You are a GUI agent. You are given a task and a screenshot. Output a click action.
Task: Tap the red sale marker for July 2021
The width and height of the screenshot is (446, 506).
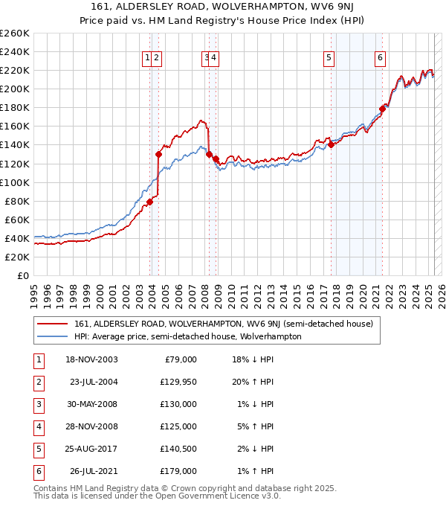382,108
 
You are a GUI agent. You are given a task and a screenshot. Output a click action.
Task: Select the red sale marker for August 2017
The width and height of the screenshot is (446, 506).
332,144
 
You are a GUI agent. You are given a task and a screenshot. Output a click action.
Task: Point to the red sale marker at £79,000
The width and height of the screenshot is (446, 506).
149,202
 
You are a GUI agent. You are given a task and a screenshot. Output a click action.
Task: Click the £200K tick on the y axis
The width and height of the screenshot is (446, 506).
15,89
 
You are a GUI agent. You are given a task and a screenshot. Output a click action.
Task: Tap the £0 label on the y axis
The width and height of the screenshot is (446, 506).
23,275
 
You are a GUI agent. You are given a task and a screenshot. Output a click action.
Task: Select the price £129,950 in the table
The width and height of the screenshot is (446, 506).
178,382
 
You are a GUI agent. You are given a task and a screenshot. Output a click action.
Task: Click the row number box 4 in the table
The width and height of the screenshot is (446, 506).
37,426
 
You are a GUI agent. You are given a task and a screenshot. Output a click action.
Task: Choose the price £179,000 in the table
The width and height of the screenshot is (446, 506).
178,471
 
